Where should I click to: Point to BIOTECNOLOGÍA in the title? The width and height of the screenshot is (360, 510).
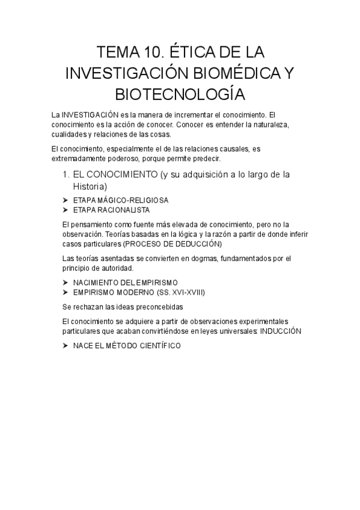(x=180, y=94)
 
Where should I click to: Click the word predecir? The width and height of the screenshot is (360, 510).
(x=206, y=158)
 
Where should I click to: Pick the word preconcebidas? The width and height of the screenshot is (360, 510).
(x=148, y=306)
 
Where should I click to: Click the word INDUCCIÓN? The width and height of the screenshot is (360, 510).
(x=281, y=331)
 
